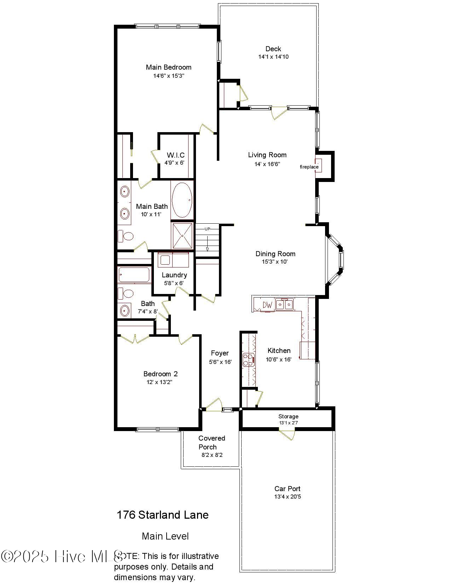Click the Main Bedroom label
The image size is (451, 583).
click(168, 67)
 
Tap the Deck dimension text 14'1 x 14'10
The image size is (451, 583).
click(273, 57)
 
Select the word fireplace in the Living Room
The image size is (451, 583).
click(309, 167)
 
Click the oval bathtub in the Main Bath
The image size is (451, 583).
click(182, 200)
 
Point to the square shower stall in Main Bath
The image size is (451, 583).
click(182, 235)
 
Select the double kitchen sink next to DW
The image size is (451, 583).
click(284, 305)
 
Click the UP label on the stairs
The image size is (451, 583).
click(207, 229)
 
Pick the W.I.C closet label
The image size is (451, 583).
click(175, 155)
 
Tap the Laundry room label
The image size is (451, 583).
click(174, 275)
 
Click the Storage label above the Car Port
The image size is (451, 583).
click(288, 417)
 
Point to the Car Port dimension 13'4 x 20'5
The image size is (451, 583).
click(287, 497)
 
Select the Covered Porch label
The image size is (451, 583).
click(212, 442)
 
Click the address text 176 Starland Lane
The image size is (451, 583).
click(162, 515)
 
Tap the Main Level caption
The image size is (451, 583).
click(165, 536)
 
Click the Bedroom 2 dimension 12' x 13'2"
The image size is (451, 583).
click(160, 382)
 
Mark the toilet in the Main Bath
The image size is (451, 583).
click(125, 236)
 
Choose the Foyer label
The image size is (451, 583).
click(220, 353)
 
